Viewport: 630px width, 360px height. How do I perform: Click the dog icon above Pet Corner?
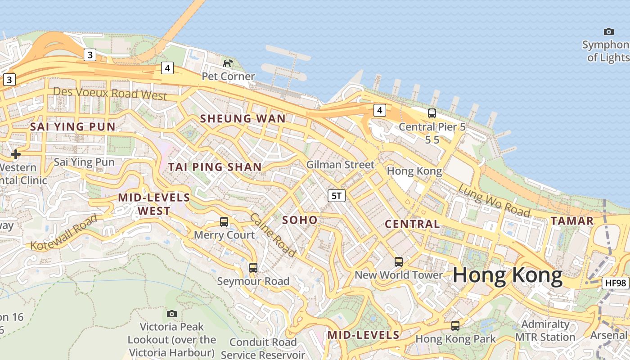click(228, 63)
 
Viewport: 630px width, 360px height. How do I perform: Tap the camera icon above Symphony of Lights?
click(608, 31)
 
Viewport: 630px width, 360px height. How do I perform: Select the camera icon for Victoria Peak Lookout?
click(171, 314)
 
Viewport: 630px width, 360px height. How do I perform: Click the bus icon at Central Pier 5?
click(432, 113)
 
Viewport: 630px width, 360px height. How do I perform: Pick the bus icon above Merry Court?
click(224, 221)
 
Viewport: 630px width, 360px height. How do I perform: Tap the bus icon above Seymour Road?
click(253, 268)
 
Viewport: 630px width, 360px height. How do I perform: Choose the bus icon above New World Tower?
click(398, 261)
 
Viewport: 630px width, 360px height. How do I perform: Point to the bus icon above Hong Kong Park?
click(455, 325)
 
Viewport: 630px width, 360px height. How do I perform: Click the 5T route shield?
click(337, 195)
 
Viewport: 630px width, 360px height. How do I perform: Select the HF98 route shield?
click(615, 283)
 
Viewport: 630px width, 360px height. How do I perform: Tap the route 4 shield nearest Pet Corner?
click(167, 68)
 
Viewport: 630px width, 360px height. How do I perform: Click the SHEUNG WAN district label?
click(243, 119)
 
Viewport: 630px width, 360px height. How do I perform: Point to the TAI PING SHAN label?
click(215, 167)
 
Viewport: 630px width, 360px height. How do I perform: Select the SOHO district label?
click(300, 220)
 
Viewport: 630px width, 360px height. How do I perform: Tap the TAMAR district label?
click(572, 221)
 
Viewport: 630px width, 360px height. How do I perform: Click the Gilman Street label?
click(340, 165)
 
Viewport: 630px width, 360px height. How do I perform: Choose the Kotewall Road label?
click(64, 232)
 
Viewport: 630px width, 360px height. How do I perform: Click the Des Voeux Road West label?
click(110, 94)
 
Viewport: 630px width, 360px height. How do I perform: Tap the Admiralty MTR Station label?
click(545, 331)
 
